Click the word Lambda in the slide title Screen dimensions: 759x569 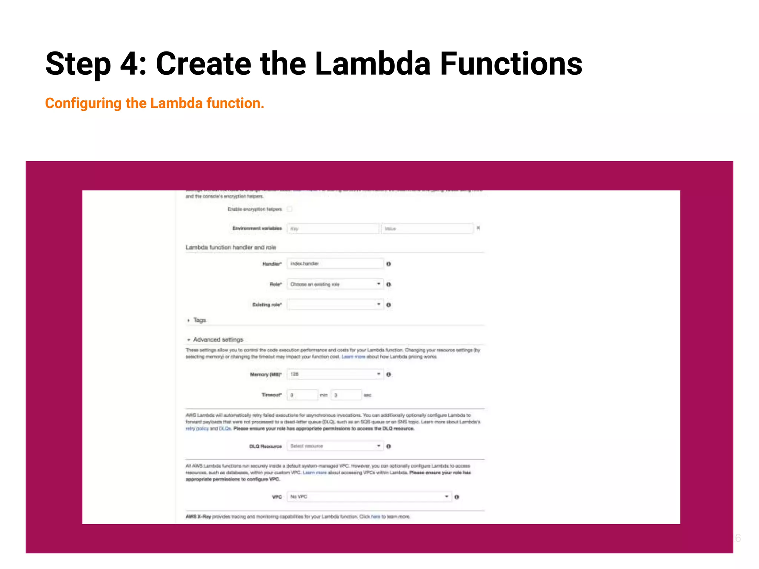point(372,64)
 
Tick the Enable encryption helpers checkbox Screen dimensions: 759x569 point(289,209)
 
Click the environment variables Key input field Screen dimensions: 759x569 point(332,229)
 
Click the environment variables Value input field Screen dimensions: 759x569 point(427,229)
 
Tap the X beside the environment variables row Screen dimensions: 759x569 point(478,228)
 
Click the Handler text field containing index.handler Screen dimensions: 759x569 point(335,264)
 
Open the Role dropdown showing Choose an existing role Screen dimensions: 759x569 point(335,284)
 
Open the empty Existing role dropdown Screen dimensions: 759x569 point(335,305)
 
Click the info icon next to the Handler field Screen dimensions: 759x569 point(388,264)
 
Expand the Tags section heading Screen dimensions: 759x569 point(199,320)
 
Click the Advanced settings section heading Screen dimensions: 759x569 point(218,340)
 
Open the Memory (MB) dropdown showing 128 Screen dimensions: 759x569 point(335,374)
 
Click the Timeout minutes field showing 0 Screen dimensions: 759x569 point(302,395)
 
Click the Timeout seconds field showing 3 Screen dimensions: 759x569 point(346,395)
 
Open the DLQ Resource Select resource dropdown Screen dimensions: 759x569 point(335,446)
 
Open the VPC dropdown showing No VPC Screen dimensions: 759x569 point(369,497)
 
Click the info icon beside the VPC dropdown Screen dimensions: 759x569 point(457,497)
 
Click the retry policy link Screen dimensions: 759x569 point(197,429)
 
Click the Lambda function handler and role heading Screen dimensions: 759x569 point(231,247)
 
